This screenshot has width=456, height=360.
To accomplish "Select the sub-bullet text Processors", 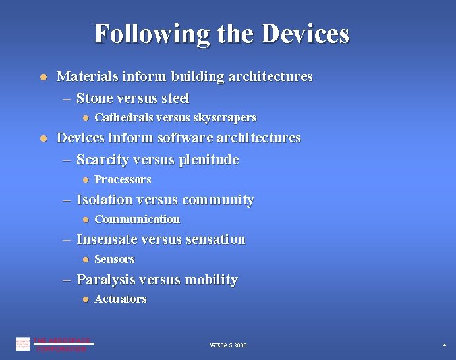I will (123, 179).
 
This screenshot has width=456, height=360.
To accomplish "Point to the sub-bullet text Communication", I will (137, 219).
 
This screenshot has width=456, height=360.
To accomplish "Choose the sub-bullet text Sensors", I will (115, 259).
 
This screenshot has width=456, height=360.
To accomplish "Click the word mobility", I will (211, 280).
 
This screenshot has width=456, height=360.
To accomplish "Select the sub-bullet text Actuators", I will (121, 299).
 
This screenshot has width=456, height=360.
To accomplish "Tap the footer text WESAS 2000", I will (228, 345).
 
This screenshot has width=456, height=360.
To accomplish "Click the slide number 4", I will (445, 345).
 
